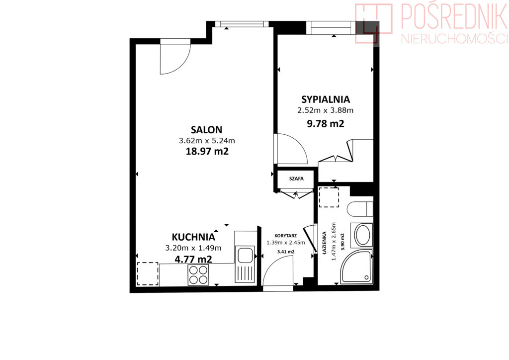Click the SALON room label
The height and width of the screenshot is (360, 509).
click(206, 130)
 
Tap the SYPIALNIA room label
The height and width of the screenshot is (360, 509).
click(325, 99)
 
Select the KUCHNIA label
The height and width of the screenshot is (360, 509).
click(193, 237)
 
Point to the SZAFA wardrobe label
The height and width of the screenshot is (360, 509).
click(296, 179)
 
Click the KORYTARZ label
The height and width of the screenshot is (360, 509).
click(285, 236)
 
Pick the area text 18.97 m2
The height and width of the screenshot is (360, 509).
click(207, 151)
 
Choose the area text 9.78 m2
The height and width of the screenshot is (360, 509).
click(325, 124)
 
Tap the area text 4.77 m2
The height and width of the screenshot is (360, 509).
click(193, 259)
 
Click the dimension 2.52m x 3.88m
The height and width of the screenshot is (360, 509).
click(325, 110)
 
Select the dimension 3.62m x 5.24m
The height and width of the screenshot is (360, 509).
click(207, 141)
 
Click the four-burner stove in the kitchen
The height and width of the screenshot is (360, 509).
click(198, 275)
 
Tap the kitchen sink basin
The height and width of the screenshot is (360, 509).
click(245, 255)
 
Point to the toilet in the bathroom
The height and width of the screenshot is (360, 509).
click(360, 209)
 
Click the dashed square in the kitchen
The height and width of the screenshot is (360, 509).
click(148, 274)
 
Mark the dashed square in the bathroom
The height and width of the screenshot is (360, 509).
click(329, 197)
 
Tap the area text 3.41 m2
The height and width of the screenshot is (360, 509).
click(286, 252)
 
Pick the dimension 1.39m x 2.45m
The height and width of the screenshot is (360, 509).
click(286, 243)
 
